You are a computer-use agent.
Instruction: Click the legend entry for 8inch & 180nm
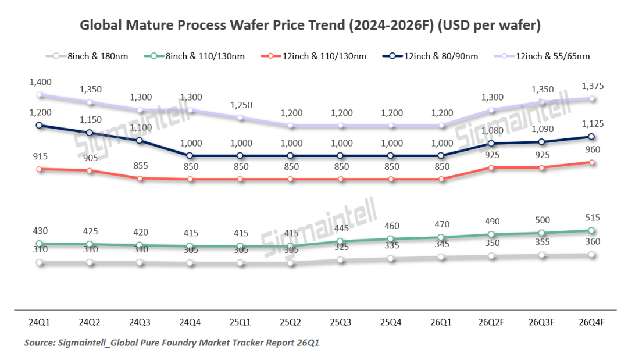tap(88, 56)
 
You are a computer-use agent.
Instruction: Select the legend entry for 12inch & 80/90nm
tap(430, 56)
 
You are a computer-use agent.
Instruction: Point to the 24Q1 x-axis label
tap(40, 321)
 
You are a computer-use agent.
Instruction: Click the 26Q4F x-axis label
tap(592, 321)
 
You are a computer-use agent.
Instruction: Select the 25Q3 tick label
tap(341, 321)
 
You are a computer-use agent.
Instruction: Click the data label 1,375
tap(592, 86)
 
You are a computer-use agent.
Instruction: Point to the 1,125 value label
tap(592, 123)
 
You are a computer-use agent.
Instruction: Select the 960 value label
tap(592, 149)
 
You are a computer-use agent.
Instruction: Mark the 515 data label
tap(592, 218)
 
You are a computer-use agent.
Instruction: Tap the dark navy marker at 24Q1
tap(40, 125)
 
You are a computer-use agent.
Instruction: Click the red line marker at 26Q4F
tap(592, 162)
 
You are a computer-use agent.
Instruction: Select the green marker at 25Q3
tap(341, 241)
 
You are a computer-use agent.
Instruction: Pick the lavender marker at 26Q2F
tap(491, 110)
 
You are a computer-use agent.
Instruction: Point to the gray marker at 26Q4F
tap(592, 255)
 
